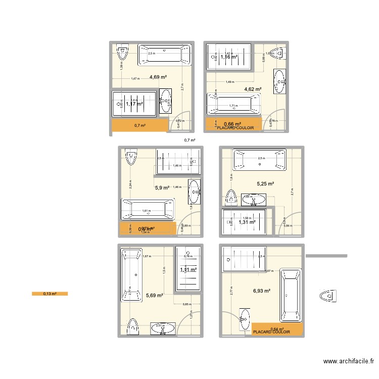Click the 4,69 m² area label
coord(158,77)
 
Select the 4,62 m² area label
coord(253,89)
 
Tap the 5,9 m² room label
coord(162,187)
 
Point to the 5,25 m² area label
coord(265,184)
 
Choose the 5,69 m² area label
coord(154,296)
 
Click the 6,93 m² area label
coord(262,291)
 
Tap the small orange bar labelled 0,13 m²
coord(50,294)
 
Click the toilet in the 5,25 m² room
coord(231,198)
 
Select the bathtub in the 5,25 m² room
coord(259,160)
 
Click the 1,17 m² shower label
coord(134,104)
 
